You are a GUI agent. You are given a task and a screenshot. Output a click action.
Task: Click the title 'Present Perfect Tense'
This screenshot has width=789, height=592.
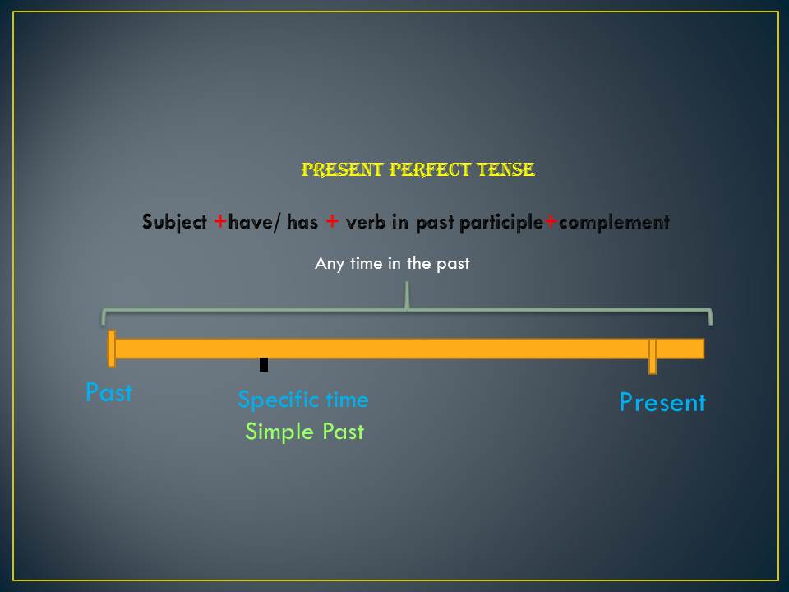point(418,170)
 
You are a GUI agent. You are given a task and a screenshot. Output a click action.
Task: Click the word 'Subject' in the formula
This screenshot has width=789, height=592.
point(174,222)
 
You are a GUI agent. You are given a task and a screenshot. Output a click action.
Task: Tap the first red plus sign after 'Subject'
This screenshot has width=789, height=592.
point(220,222)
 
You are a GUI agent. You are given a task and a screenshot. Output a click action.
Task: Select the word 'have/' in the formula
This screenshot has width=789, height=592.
point(256,222)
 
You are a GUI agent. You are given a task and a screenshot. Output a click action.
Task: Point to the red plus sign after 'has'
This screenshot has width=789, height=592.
point(331,222)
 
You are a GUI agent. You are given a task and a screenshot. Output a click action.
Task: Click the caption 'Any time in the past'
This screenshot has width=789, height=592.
point(392,264)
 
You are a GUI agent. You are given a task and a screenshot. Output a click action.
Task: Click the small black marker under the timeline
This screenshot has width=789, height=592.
point(264,364)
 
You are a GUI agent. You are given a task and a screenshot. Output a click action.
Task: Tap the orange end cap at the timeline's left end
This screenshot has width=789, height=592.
point(112,348)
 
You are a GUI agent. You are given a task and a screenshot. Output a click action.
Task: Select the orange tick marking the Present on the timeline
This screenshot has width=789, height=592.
point(653,356)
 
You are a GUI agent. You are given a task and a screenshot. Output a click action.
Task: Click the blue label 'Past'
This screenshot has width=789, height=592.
point(108,392)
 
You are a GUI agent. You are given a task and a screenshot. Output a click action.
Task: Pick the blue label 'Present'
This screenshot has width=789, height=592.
point(662,403)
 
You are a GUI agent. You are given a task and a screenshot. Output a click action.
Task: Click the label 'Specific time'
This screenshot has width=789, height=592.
point(303,400)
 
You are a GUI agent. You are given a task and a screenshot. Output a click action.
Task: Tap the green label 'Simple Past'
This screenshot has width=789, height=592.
point(304,432)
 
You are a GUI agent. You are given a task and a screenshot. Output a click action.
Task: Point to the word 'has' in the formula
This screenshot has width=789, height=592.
point(302,222)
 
